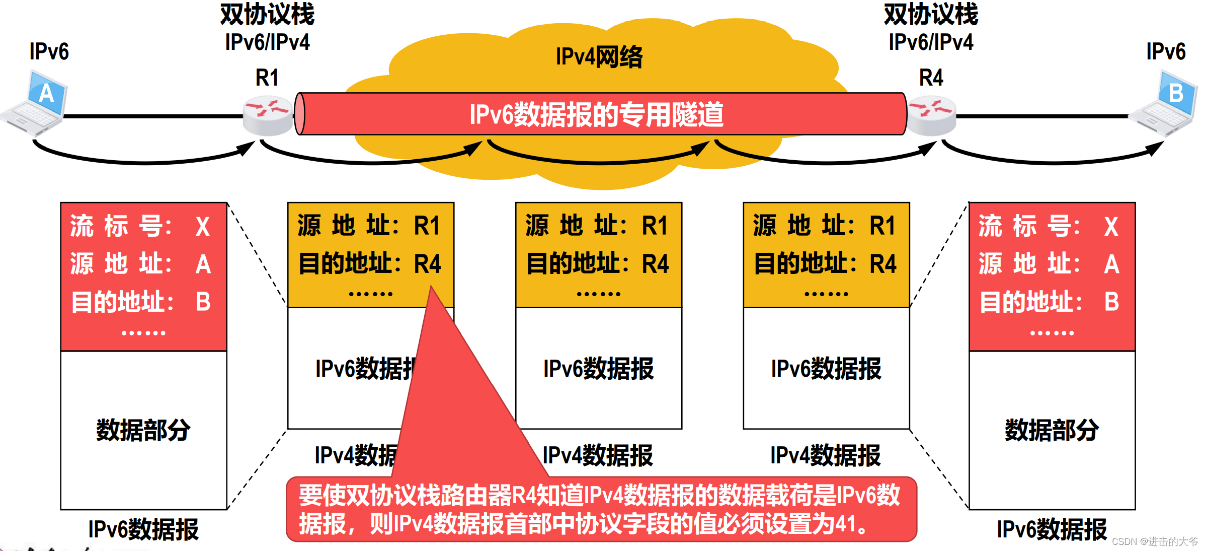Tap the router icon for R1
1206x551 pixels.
(x=267, y=115)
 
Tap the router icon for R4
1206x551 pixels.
(x=931, y=115)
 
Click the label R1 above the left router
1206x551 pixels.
(x=267, y=78)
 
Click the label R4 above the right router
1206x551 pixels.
(x=931, y=78)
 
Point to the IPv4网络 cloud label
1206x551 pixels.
(x=599, y=56)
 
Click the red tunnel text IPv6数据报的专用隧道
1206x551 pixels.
(x=596, y=114)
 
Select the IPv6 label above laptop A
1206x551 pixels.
(x=49, y=51)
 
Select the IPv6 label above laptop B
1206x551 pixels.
(x=1166, y=51)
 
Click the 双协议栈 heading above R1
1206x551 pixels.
(x=267, y=14)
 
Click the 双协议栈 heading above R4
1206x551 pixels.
(x=931, y=14)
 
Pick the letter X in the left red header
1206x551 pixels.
(x=202, y=227)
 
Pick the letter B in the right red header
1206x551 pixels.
(x=1111, y=302)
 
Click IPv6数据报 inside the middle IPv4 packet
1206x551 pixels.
(x=598, y=369)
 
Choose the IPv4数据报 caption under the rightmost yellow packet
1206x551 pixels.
(x=825, y=455)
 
